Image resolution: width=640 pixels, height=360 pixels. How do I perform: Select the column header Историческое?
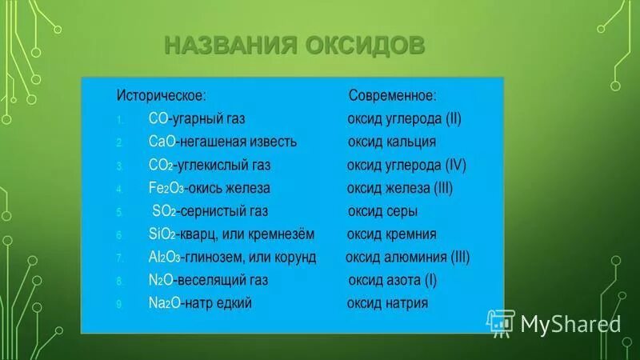(162, 95)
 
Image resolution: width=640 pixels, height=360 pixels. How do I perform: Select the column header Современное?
(392, 95)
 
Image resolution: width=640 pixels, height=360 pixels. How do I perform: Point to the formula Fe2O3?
(166, 188)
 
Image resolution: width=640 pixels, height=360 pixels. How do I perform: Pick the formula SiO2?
(163, 234)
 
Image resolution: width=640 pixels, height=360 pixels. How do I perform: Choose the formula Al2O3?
(165, 258)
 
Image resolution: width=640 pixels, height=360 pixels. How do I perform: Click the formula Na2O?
(165, 304)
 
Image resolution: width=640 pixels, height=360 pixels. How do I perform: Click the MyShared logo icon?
(502, 322)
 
